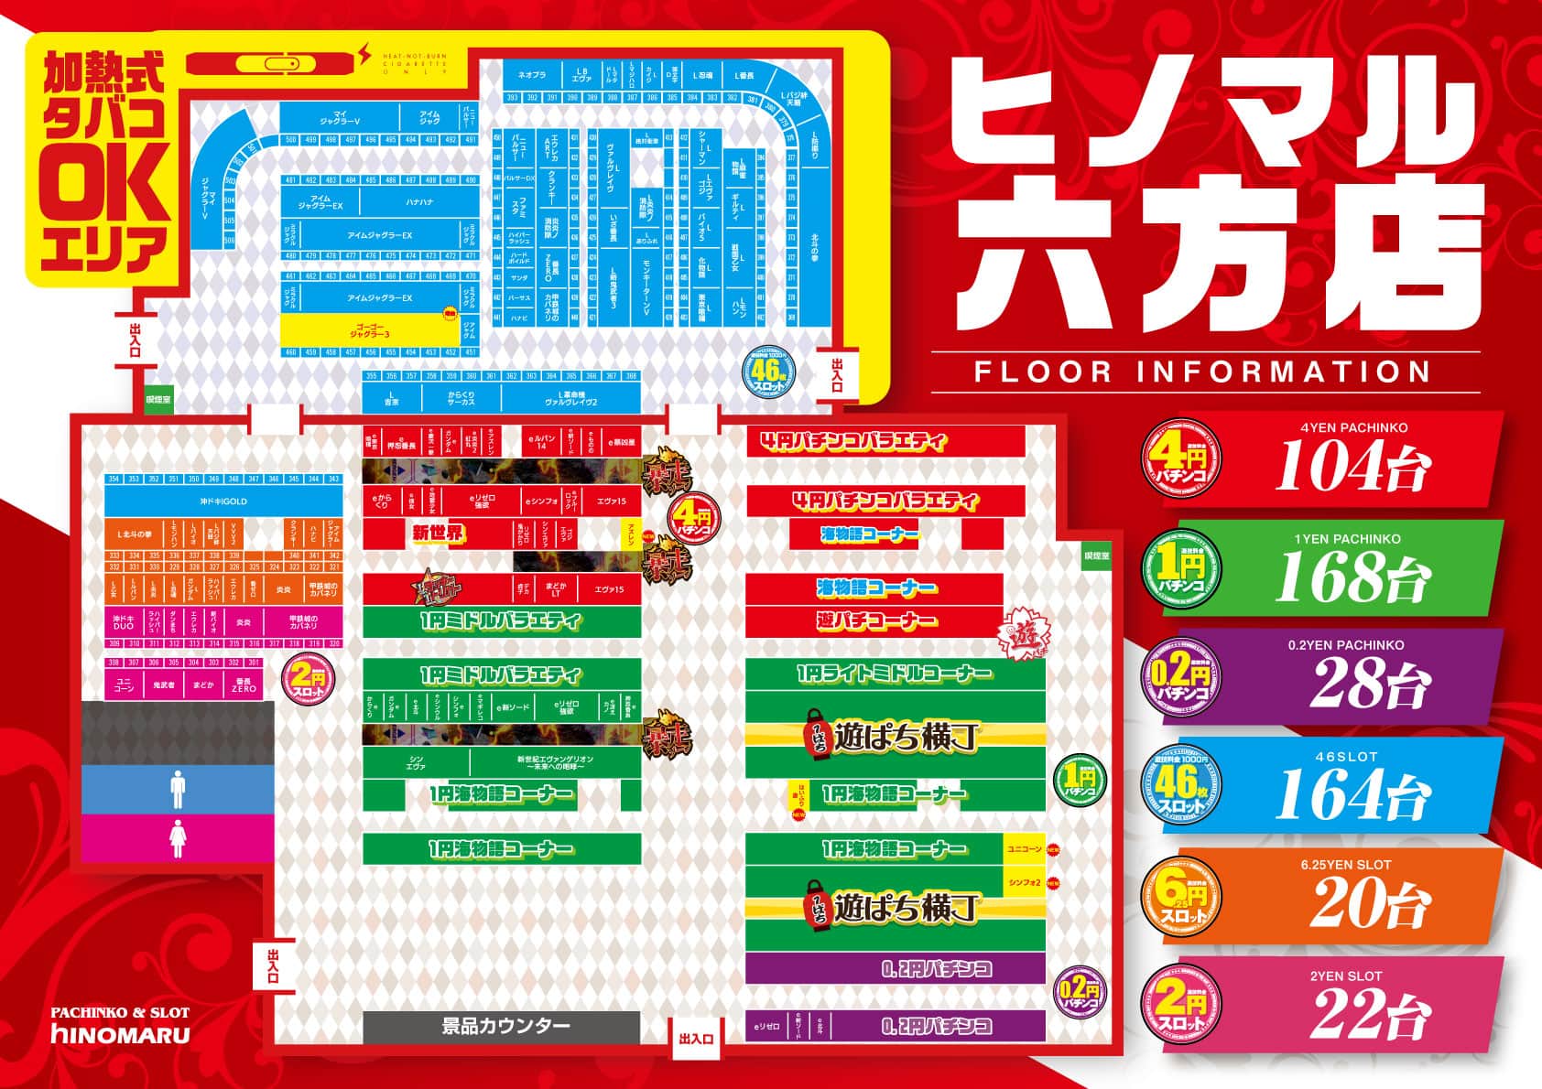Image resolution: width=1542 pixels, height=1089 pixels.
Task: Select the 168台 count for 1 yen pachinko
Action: [x=1352, y=577]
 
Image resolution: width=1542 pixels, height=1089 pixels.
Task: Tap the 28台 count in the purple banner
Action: [x=1368, y=684]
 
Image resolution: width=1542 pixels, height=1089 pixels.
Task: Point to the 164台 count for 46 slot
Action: [x=1352, y=794]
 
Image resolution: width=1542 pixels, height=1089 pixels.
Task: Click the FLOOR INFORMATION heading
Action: [x=1202, y=372]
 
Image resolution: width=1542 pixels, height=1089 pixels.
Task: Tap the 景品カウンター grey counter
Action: [x=501, y=1026]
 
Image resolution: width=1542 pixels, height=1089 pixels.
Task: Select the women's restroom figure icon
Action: [x=178, y=837]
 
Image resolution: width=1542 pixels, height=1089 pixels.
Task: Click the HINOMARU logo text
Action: [x=121, y=1035]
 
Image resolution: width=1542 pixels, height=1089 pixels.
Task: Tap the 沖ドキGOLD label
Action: [x=223, y=501]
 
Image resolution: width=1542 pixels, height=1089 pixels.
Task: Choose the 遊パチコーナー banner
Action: [x=877, y=620]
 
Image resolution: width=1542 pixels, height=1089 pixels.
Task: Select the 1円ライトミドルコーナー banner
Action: [x=894, y=674]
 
